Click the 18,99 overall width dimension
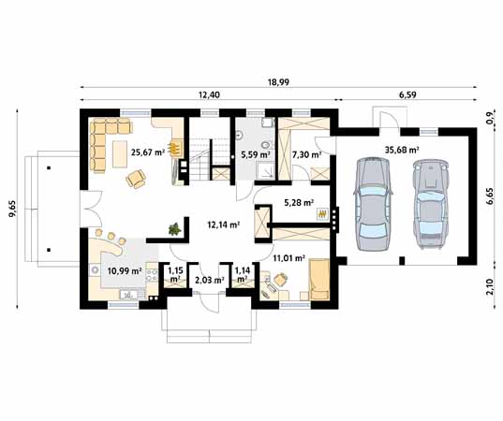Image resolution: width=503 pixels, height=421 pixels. pos(278,82)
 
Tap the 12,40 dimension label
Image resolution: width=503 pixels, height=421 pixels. pos(210,94)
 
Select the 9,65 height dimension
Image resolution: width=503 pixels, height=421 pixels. pos(12,210)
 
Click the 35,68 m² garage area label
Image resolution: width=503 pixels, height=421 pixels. pos(402,150)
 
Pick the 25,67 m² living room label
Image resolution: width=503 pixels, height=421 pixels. pos(148,152)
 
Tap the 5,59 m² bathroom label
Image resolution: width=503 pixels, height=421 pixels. pos(256,155)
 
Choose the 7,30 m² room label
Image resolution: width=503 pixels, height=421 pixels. pos(306,155)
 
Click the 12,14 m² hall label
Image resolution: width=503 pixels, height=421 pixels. pos(224,225)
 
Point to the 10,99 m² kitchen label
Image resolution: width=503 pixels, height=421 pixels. pos(125,271)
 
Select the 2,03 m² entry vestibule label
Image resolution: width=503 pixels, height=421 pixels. pos(210,281)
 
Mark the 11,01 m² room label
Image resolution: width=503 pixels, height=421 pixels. pos(288,258)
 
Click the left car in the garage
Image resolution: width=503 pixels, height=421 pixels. pos(373,204)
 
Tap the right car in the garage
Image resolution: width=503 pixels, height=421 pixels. pos(430,203)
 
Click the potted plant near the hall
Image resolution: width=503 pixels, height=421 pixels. pos(174,229)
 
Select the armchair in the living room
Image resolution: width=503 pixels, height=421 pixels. pos(136,179)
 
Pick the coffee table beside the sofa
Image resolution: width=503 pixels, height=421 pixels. pos(120,153)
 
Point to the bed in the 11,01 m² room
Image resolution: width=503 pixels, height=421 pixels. pos(319,280)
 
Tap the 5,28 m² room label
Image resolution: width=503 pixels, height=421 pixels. pos(299,202)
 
